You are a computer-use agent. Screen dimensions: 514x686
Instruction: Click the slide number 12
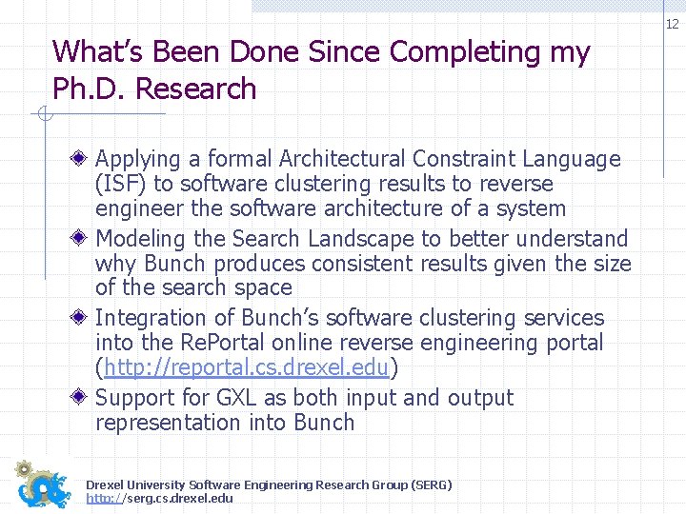pyautogui.click(x=672, y=24)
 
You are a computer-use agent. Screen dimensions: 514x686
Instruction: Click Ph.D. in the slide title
pyautogui.click(x=89, y=89)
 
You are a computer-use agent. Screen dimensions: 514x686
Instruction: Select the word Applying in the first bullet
pyautogui.click(x=138, y=160)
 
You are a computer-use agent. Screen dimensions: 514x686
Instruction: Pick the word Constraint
pyautogui.click(x=475, y=160)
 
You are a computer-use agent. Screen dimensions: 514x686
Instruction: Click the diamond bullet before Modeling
pyautogui.click(x=83, y=239)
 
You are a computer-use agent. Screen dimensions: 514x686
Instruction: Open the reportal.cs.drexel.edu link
pyautogui.click(x=247, y=367)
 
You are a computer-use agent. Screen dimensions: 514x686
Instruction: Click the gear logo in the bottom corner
pyautogui.click(x=43, y=484)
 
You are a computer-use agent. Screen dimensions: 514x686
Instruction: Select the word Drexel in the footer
pyautogui.click(x=106, y=485)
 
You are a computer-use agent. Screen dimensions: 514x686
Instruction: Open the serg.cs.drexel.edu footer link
pyautogui.click(x=159, y=499)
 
